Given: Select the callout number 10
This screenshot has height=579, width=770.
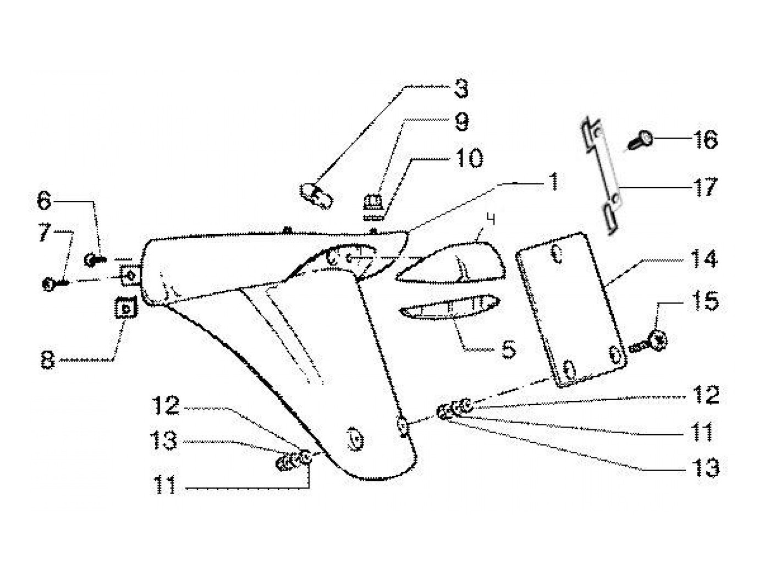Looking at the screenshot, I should (x=468, y=158).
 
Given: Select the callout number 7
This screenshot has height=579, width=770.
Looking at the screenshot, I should (x=43, y=236).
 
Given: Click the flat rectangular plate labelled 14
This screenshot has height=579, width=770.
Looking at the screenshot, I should (x=572, y=308).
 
